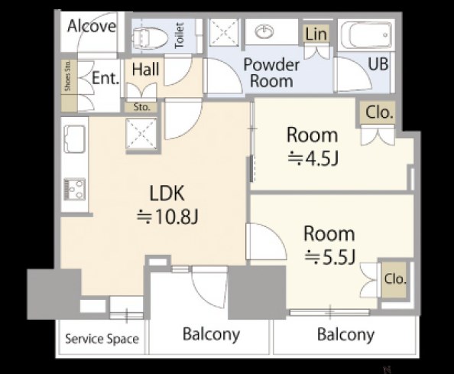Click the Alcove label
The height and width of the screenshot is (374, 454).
[92, 26]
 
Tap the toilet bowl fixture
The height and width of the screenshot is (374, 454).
[150, 37]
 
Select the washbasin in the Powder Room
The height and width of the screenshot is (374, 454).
[264, 31]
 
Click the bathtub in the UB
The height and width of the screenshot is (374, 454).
[367, 35]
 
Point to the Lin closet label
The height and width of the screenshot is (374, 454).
[316, 34]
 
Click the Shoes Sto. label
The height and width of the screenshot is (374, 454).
[68, 76]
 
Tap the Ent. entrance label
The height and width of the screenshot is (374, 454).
[105, 78]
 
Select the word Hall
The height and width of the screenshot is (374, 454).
[146, 70]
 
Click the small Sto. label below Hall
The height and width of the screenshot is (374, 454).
[142, 108]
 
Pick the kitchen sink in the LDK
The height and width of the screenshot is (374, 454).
[75, 138]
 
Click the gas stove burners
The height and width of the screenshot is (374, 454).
[75, 189]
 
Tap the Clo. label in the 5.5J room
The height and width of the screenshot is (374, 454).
[395, 278]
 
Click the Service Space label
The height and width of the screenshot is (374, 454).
[102, 339]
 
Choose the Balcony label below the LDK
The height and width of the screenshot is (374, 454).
[212, 334]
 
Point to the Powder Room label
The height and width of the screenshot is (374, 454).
[271, 73]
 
